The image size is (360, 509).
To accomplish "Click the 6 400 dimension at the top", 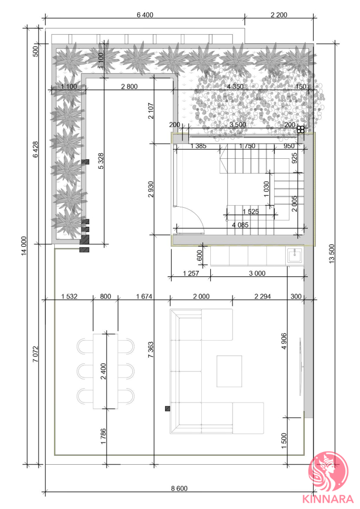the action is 145,15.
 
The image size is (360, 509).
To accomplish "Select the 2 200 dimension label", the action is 279,15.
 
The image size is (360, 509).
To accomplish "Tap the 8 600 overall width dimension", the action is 179,488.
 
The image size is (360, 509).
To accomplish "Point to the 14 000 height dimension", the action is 24,246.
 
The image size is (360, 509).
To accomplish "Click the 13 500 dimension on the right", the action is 332,254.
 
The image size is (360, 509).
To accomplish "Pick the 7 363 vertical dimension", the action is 151,350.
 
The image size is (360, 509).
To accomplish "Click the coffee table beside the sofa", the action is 229,371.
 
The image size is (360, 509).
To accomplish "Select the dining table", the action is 105,371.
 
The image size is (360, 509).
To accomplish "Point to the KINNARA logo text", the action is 327,499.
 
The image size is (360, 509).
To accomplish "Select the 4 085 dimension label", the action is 240,225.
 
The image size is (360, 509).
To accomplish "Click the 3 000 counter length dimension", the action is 257,273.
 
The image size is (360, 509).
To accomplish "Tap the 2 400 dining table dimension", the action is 103,371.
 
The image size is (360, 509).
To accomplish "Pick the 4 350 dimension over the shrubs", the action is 236,87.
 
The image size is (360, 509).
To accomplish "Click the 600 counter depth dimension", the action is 200,255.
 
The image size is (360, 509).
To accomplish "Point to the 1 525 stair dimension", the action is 251,212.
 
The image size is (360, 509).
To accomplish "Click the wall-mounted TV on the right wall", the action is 300,366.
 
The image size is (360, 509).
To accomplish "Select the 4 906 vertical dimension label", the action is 284,341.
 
